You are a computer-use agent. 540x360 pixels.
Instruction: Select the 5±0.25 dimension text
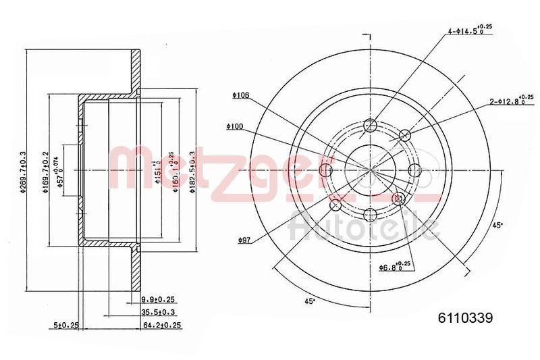(66, 325)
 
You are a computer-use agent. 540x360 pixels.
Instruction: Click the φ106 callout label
(240, 95)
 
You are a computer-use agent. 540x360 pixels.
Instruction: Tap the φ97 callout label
(245, 240)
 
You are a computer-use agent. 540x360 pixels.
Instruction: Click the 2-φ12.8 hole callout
(513, 102)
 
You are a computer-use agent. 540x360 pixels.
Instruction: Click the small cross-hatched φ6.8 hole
(398, 198)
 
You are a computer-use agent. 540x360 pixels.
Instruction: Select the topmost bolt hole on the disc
(369, 125)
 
